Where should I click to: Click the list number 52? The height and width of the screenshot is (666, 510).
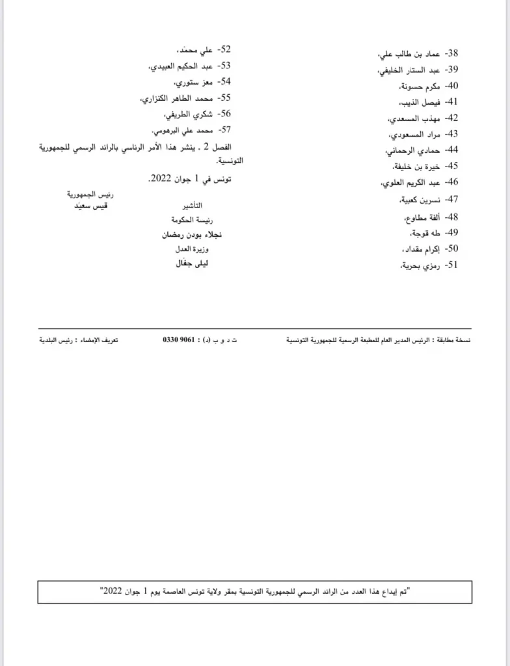(224, 49)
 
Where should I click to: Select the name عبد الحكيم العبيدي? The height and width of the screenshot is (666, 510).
(181, 66)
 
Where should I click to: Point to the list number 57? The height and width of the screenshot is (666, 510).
(224, 129)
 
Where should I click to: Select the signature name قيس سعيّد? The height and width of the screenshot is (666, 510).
(89, 205)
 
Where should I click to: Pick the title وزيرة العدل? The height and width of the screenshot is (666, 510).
(193, 250)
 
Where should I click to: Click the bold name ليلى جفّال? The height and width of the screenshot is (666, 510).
(192, 264)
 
